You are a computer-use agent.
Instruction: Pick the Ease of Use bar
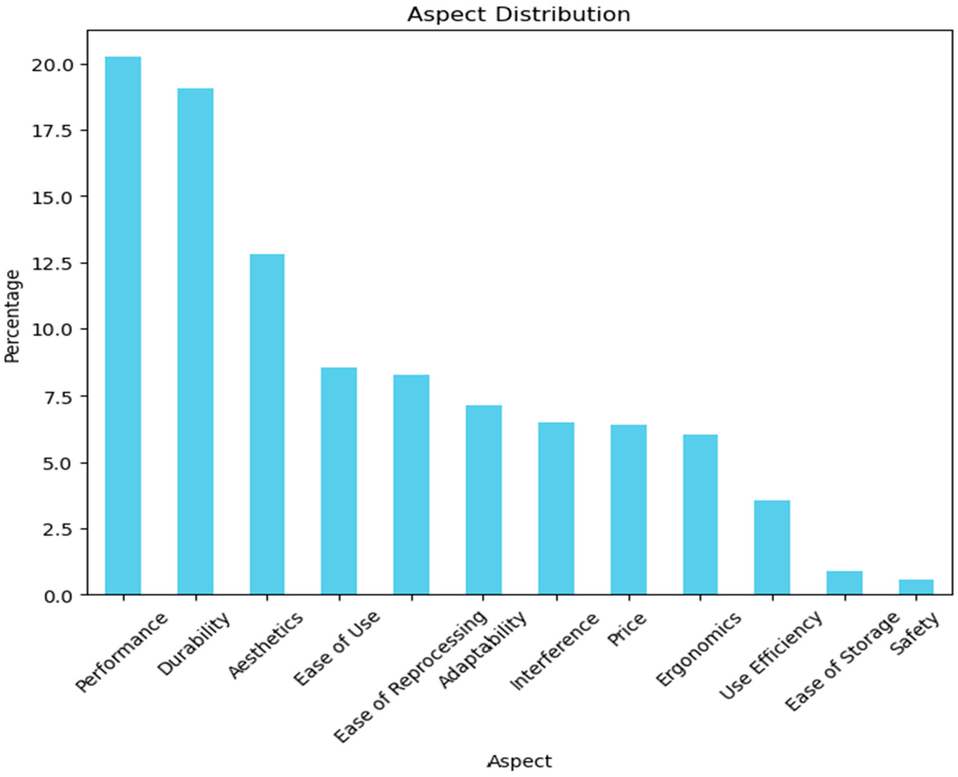[x=339, y=481]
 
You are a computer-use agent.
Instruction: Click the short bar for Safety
[x=916, y=587]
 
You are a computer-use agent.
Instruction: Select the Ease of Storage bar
[x=844, y=583]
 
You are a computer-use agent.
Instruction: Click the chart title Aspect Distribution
[x=518, y=14]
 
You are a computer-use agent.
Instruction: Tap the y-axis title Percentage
[x=13, y=316]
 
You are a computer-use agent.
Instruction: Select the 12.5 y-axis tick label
[x=52, y=264]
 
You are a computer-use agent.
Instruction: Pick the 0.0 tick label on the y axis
[x=58, y=596]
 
